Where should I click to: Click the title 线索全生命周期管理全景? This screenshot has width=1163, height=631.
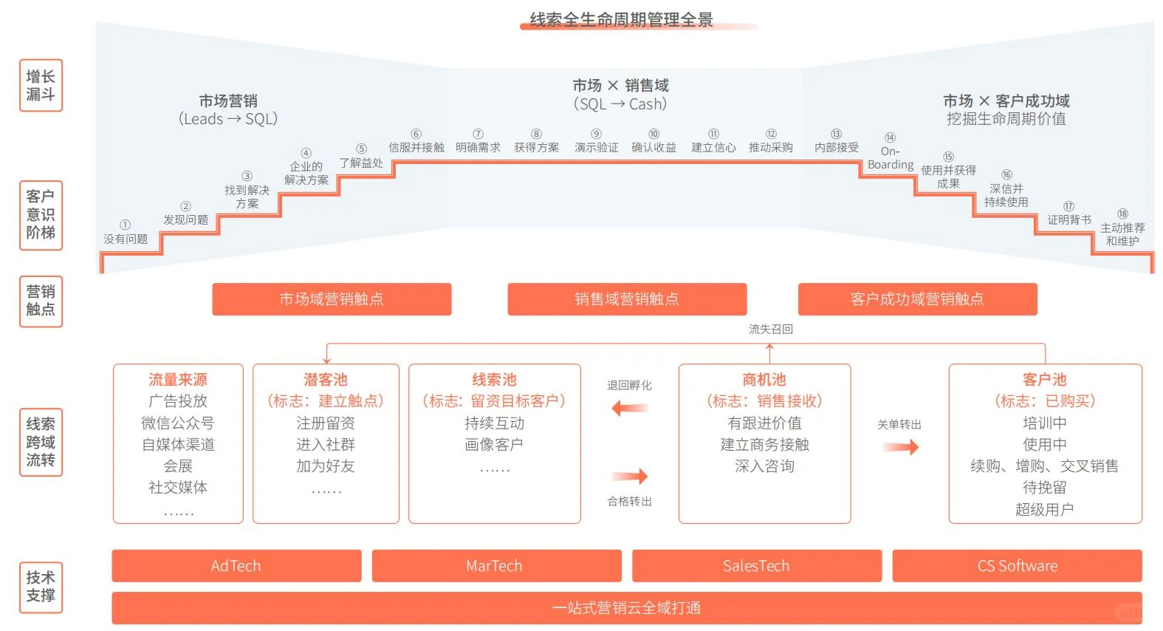pyautogui.click(x=621, y=19)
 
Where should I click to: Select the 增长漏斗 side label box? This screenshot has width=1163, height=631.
pyautogui.click(x=41, y=86)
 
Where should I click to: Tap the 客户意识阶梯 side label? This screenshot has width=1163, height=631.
pyautogui.click(x=41, y=215)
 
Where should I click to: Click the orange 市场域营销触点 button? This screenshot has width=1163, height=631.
pyautogui.click(x=332, y=299)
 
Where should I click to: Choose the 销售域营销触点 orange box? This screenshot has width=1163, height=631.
pyautogui.click(x=627, y=299)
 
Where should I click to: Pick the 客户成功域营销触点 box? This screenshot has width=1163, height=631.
pyautogui.click(x=917, y=299)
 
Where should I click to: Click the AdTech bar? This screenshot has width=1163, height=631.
pyautogui.click(x=236, y=566)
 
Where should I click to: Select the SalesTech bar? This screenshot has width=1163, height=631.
pyautogui.click(x=756, y=566)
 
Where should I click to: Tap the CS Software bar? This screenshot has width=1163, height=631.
pyautogui.click(x=1017, y=566)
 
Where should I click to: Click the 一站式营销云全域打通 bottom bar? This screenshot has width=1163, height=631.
pyautogui.click(x=627, y=608)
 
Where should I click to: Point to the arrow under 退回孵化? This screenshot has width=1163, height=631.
pyautogui.click(x=630, y=408)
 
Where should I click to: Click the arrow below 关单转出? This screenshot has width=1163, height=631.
pyautogui.click(x=900, y=446)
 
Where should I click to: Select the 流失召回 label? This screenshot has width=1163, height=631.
pyautogui.click(x=771, y=329)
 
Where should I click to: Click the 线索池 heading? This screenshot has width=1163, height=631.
pyautogui.click(x=494, y=380)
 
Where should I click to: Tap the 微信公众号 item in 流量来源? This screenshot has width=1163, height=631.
pyautogui.click(x=178, y=423)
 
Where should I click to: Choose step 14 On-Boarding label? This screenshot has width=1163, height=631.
pyautogui.click(x=891, y=157)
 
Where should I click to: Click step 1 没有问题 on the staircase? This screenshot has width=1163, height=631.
pyautogui.click(x=126, y=239)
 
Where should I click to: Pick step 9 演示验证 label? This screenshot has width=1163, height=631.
pyautogui.click(x=597, y=147)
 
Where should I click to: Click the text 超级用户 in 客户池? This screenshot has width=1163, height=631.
pyautogui.click(x=1044, y=509)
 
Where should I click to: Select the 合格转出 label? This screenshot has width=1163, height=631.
pyautogui.click(x=629, y=502)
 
